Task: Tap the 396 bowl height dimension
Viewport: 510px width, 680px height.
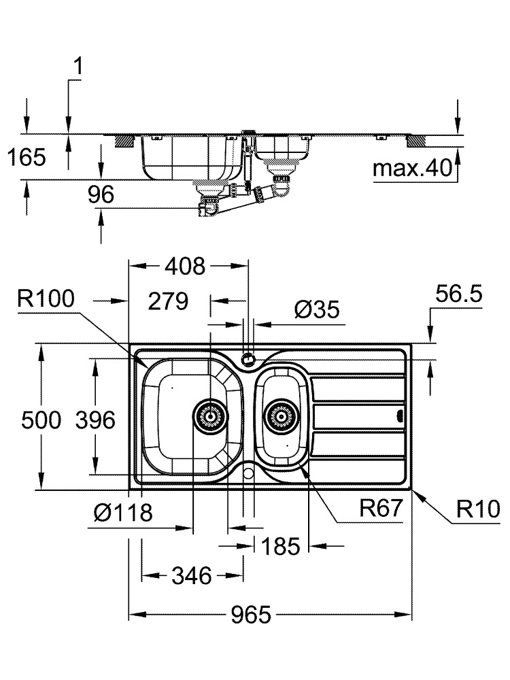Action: click(95, 420)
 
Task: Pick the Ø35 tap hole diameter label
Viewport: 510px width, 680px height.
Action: click(317, 310)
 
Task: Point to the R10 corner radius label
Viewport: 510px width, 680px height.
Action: click(478, 508)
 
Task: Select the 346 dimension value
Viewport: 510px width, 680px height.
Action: click(191, 577)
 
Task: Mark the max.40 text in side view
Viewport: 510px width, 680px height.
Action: click(413, 168)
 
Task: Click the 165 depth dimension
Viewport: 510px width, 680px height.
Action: click(27, 158)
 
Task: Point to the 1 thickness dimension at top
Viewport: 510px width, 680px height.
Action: click(78, 67)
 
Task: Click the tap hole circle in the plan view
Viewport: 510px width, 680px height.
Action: click(249, 356)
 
